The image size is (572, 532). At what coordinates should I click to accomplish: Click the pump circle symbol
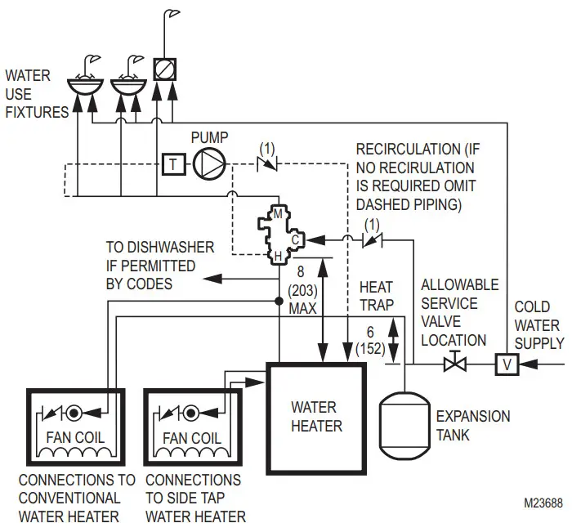210,163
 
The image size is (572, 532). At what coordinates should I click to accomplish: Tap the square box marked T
172,163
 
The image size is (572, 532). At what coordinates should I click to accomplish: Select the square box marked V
507,364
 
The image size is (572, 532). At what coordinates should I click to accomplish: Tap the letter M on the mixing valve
278,214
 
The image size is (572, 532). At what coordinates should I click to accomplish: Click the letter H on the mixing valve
278,257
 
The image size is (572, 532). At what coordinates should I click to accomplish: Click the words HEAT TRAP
376,296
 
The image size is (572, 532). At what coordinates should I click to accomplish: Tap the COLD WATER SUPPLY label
537,325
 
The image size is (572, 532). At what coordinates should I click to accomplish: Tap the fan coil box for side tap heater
192,431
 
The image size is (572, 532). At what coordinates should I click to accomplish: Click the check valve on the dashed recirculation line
266,163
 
